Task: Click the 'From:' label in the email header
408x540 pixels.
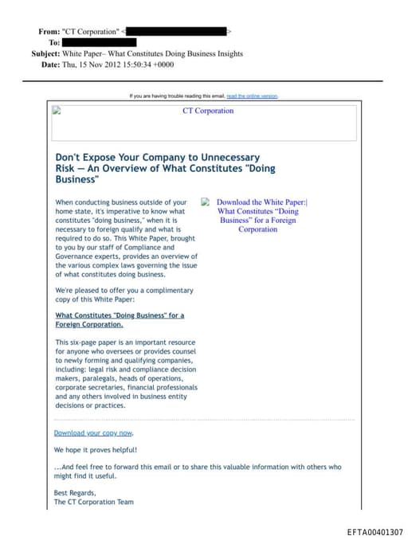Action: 49,31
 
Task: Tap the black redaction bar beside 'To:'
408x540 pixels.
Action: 99,42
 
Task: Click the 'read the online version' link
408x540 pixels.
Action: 252,96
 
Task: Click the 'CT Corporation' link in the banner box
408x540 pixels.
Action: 208,111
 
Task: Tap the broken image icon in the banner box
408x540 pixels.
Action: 57,112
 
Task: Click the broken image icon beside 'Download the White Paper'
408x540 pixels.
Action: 206,202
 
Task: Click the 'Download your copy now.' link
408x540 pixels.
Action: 93,432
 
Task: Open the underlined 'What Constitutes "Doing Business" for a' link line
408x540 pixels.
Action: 120,315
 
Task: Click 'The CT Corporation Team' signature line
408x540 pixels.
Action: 94,503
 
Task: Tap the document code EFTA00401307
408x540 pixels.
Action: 375,532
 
